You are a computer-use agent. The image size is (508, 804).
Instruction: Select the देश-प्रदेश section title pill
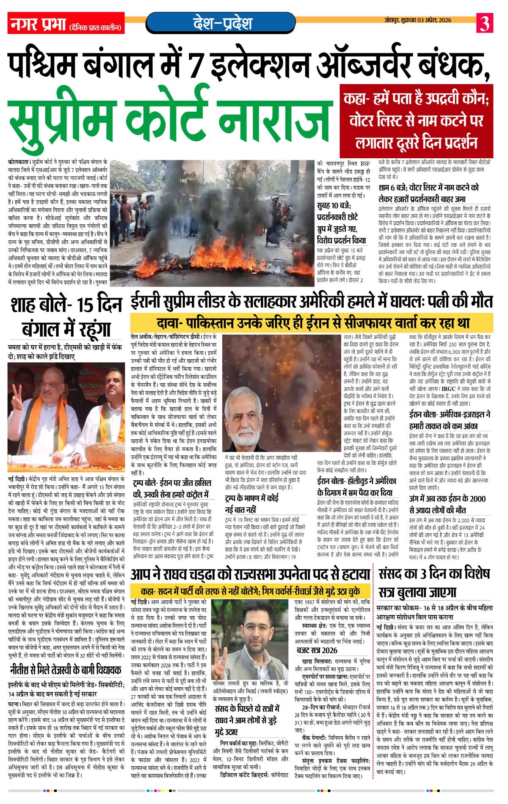coord(221,22)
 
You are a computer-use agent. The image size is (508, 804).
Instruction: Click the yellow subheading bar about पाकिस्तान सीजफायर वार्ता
coord(312,323)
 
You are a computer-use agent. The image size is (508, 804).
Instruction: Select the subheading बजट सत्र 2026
coord(317,650)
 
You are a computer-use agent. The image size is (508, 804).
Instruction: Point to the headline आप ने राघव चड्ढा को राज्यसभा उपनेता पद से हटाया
coord(251,574)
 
